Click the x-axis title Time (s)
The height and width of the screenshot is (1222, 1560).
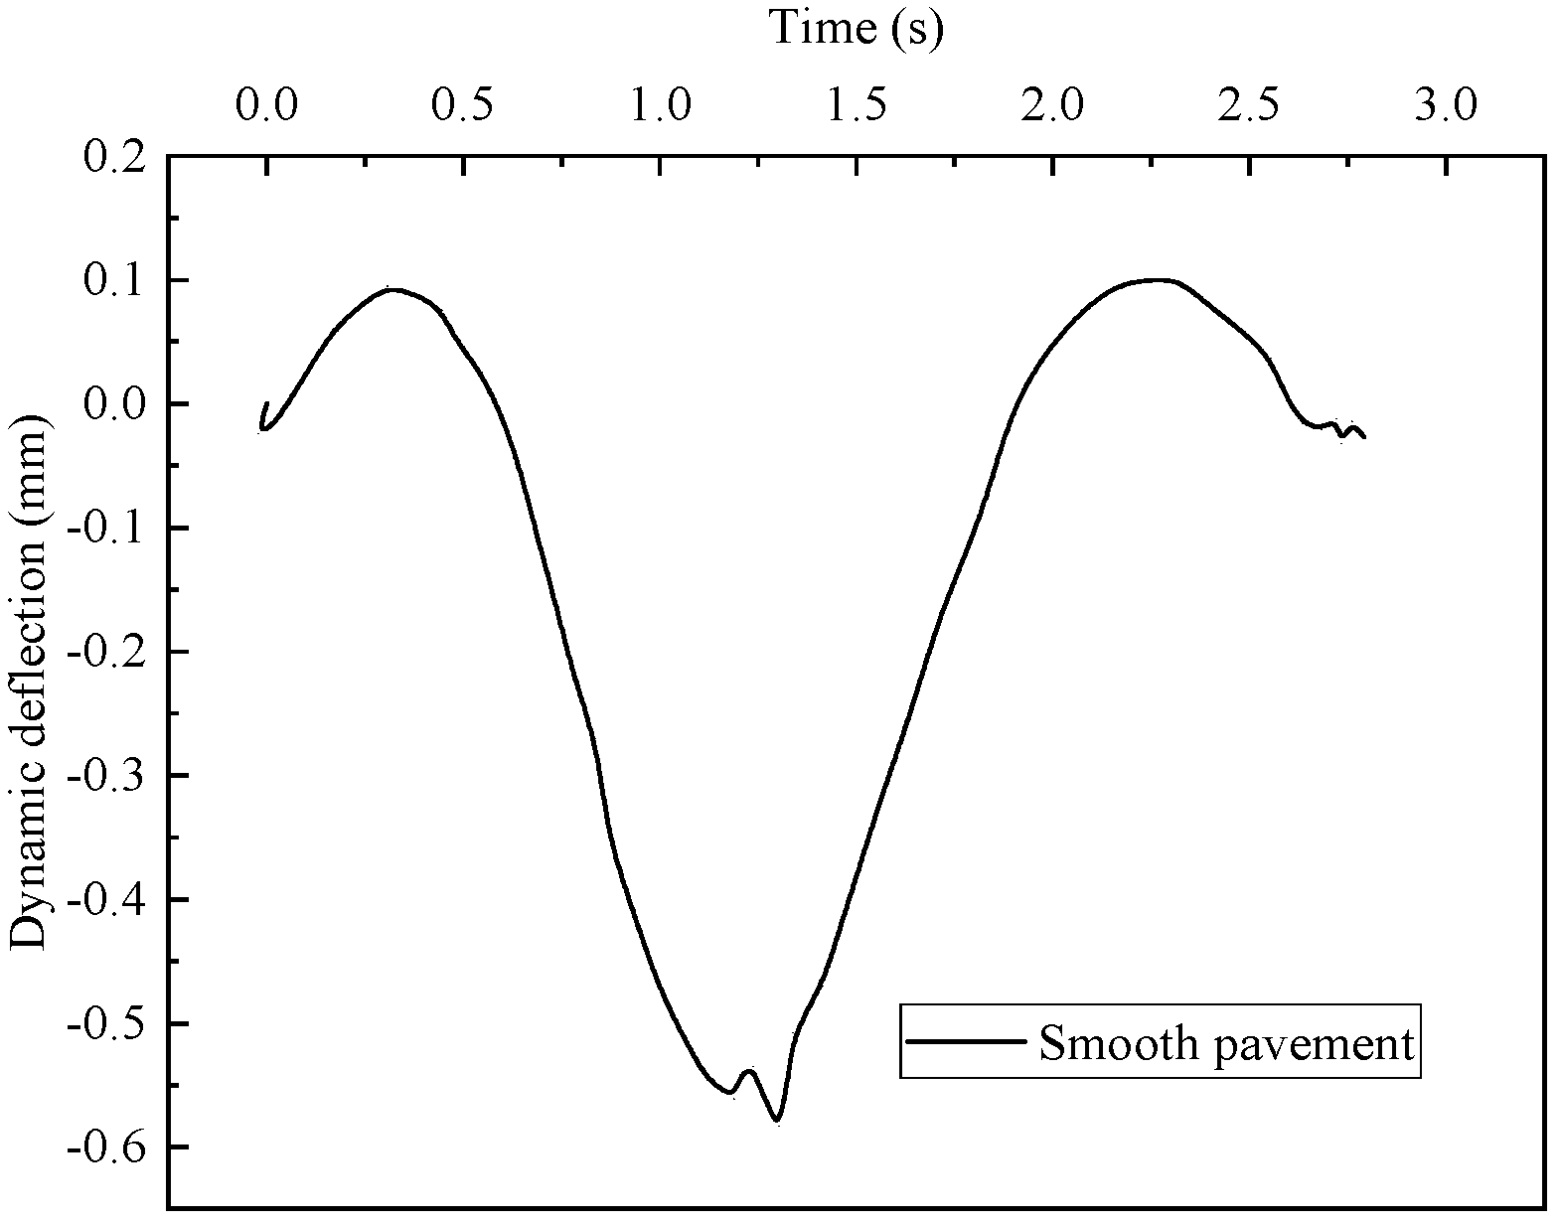tap(856, 27)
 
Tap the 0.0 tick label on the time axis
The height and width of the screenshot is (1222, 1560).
tap(266, 103)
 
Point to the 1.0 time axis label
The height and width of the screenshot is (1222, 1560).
tap(662, 103)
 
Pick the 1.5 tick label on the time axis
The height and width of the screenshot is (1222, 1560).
tap(859, 103)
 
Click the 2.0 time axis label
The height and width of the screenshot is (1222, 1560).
tap(1057, 103)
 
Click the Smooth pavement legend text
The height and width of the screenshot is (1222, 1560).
tap(1226, 1042)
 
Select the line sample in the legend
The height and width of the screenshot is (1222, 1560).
tap(966, 1041)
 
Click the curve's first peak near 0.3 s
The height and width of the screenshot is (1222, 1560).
tap(393, 289)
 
